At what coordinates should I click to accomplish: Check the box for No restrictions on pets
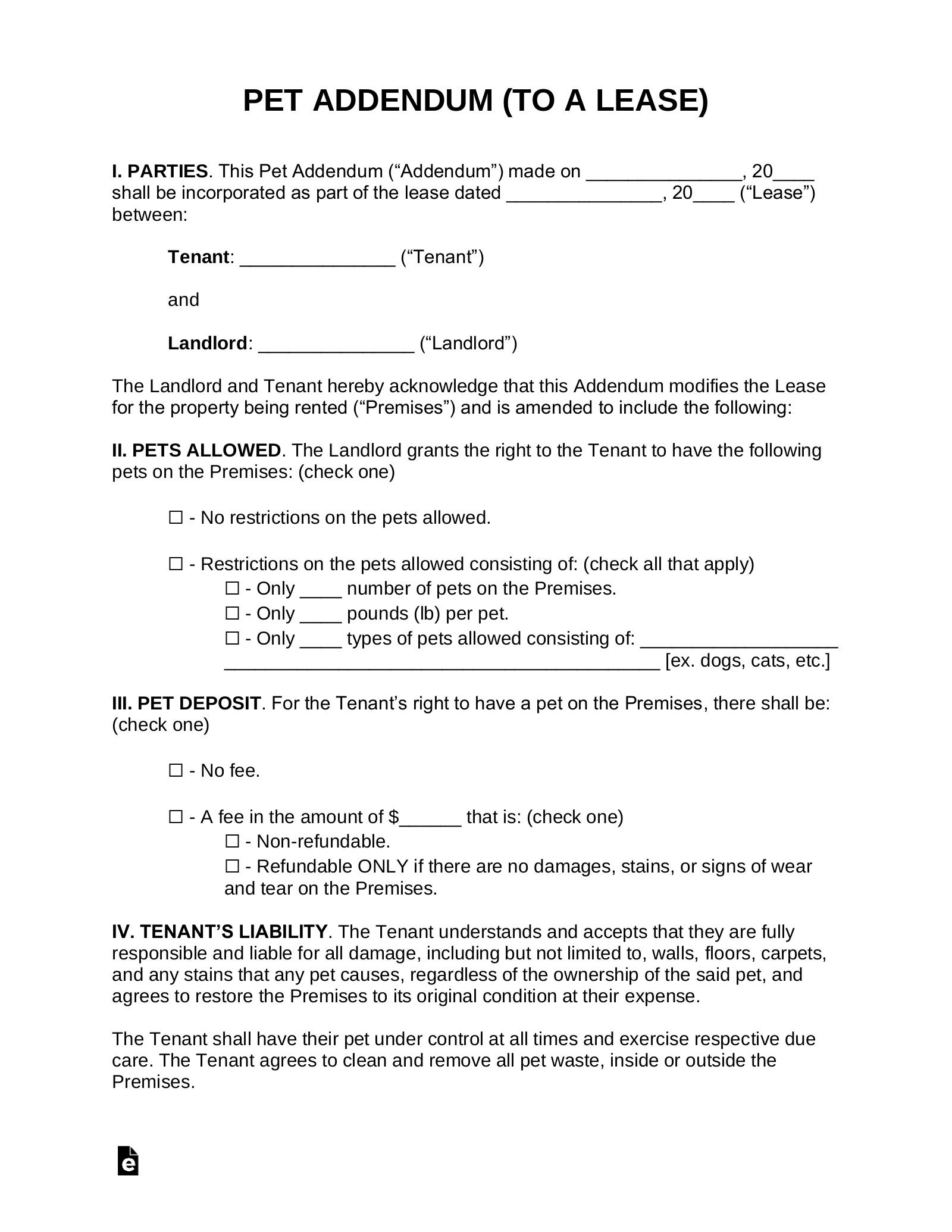(176, 518)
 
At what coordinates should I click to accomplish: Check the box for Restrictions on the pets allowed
(176, 564)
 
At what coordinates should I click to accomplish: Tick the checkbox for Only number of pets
(231, 589)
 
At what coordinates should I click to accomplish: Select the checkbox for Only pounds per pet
(231, 613)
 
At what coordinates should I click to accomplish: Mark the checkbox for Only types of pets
(231, 638)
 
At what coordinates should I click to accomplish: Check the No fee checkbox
(176, 771)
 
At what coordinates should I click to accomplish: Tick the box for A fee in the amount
(176, 817)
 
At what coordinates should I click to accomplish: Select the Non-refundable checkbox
(231, 842)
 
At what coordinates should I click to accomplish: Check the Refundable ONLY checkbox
(231, 866)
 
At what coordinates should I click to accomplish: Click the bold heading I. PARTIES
(159, 171)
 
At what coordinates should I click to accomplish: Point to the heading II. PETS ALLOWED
(196, 450)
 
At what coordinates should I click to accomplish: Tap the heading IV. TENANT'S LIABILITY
(220, 931)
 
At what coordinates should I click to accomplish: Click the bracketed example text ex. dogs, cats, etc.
(747, 661)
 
